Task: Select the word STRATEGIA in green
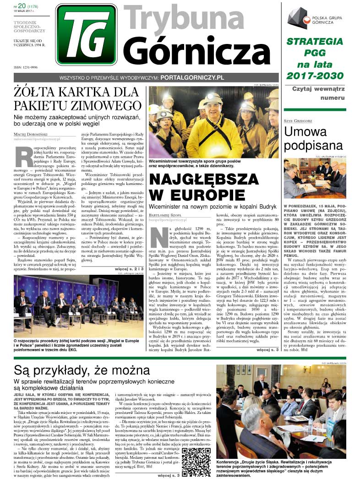(x=314, y=42)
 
